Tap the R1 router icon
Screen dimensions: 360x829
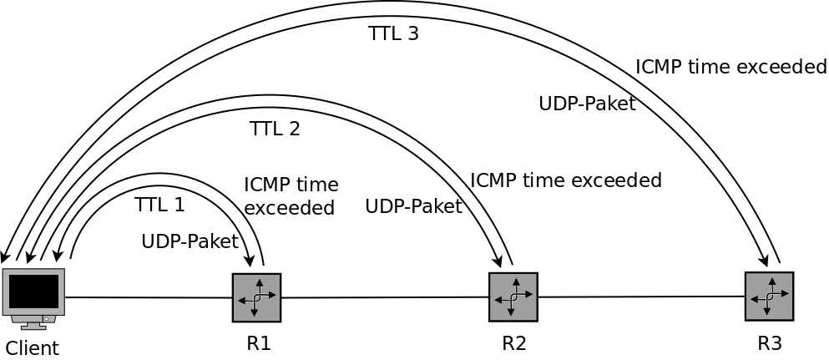[256, 297]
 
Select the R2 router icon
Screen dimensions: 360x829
[513, 297]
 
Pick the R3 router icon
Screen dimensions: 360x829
[769, 296]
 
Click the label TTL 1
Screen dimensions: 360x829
[159, 205]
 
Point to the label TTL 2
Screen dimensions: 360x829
[275, 129]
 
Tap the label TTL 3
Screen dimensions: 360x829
[393, 34]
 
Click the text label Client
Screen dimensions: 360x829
[33, 347]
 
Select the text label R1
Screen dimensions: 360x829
[258, 343]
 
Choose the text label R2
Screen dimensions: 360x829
[514, 342]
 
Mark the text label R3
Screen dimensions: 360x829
[770, 342]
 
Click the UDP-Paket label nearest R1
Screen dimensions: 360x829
[190, 241]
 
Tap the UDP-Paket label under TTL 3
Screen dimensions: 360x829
[587, 104]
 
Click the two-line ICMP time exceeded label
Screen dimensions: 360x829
[291, 195]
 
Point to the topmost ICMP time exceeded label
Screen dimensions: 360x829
[730, 67]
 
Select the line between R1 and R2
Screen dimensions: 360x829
[384, 297]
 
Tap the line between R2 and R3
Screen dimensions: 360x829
[641, 297]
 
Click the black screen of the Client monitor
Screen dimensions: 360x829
[33, 291]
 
